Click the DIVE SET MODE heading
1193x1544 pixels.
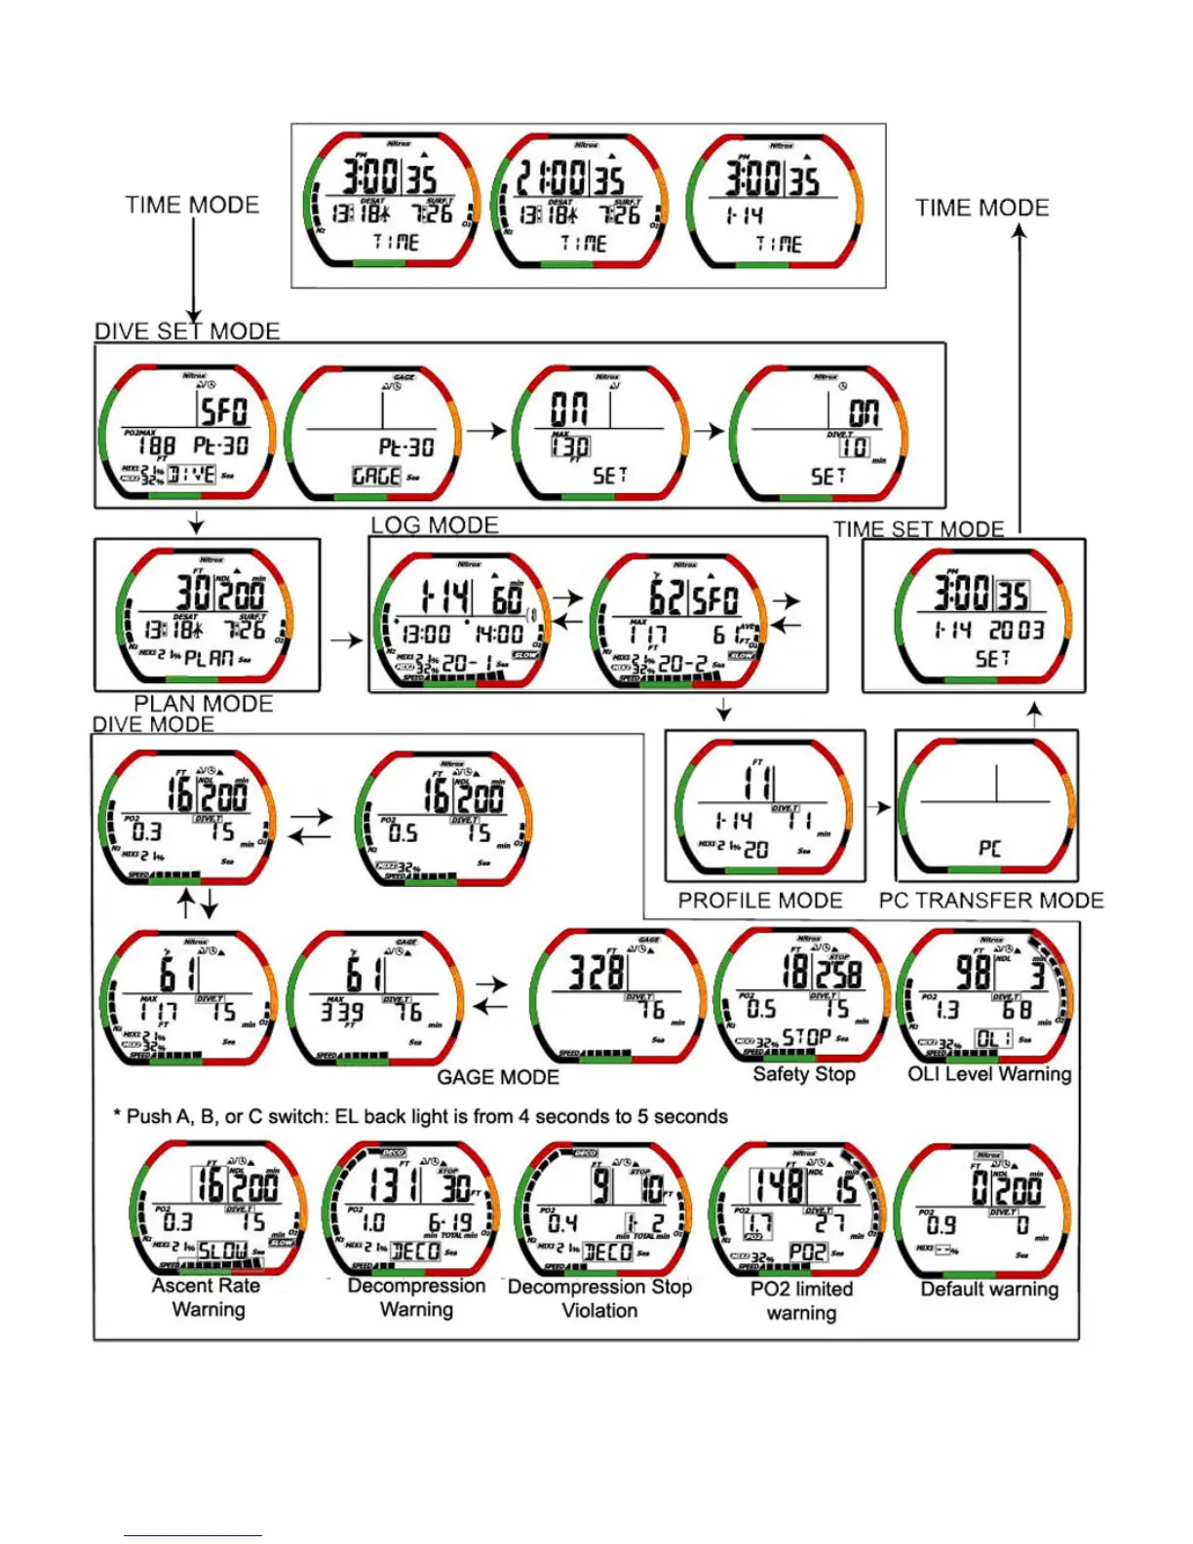[x=187, y=331]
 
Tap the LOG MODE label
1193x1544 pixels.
[x=434, y=525]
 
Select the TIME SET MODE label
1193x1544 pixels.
[x=918, y=529]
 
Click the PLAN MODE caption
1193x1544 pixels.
[x=203, y=704]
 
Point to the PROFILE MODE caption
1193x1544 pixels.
[x=760, y=901]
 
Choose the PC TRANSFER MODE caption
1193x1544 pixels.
[x=991, y=901]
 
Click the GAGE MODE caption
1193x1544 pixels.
[x=497, y=1077]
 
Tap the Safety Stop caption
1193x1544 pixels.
[x=804, y=1074]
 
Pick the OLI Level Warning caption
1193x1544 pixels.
[x=989, y=1074]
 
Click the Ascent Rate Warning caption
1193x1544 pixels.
[x=207, y=1297]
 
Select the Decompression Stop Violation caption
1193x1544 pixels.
[x=599, y=1298]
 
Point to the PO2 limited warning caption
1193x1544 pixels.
[x=801, y=1300]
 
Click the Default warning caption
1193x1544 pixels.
[x=989, y=1290]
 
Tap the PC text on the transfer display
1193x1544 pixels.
[x=989, y=848]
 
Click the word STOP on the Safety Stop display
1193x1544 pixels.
[x=806, y=1036]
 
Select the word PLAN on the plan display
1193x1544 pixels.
[x=209, y=658]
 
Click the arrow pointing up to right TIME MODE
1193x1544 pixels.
[x=1020, y=380]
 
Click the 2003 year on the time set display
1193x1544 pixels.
[x=1016, y=631]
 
